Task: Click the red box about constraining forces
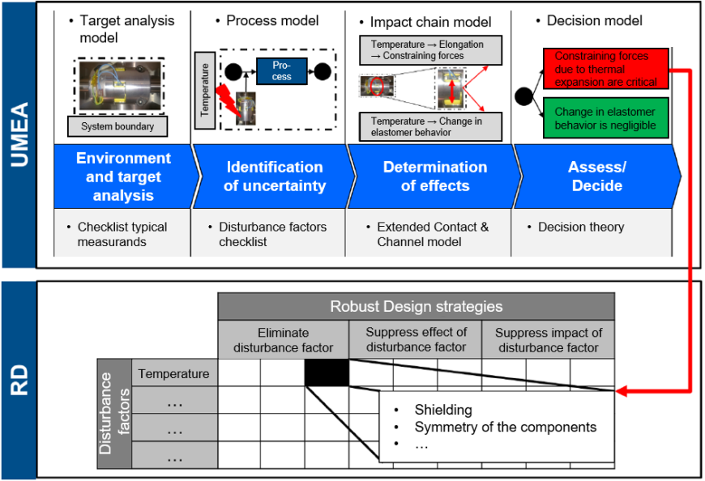click(x=605, y=69)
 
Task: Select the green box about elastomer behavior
click(x=605, y=118)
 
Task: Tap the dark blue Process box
click(x=281, y=71)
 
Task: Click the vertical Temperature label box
click(x=204, y=90)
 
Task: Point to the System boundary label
click(x=117, y=126)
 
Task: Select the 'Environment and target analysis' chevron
click(x=123, y=177)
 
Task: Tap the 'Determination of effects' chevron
click(x=434, y=177)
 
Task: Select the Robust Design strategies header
click(x=416, y=307)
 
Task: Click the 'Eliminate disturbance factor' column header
click(x=283, y=340)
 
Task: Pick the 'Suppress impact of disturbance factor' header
click(x=548, y=340)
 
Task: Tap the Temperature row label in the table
click(x=173, y=374)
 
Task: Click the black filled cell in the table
click(x=327, y=373)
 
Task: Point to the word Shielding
click(x=443, y=410)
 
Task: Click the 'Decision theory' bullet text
click(x=581, y=228)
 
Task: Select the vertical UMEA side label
click(x=19, y=134)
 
